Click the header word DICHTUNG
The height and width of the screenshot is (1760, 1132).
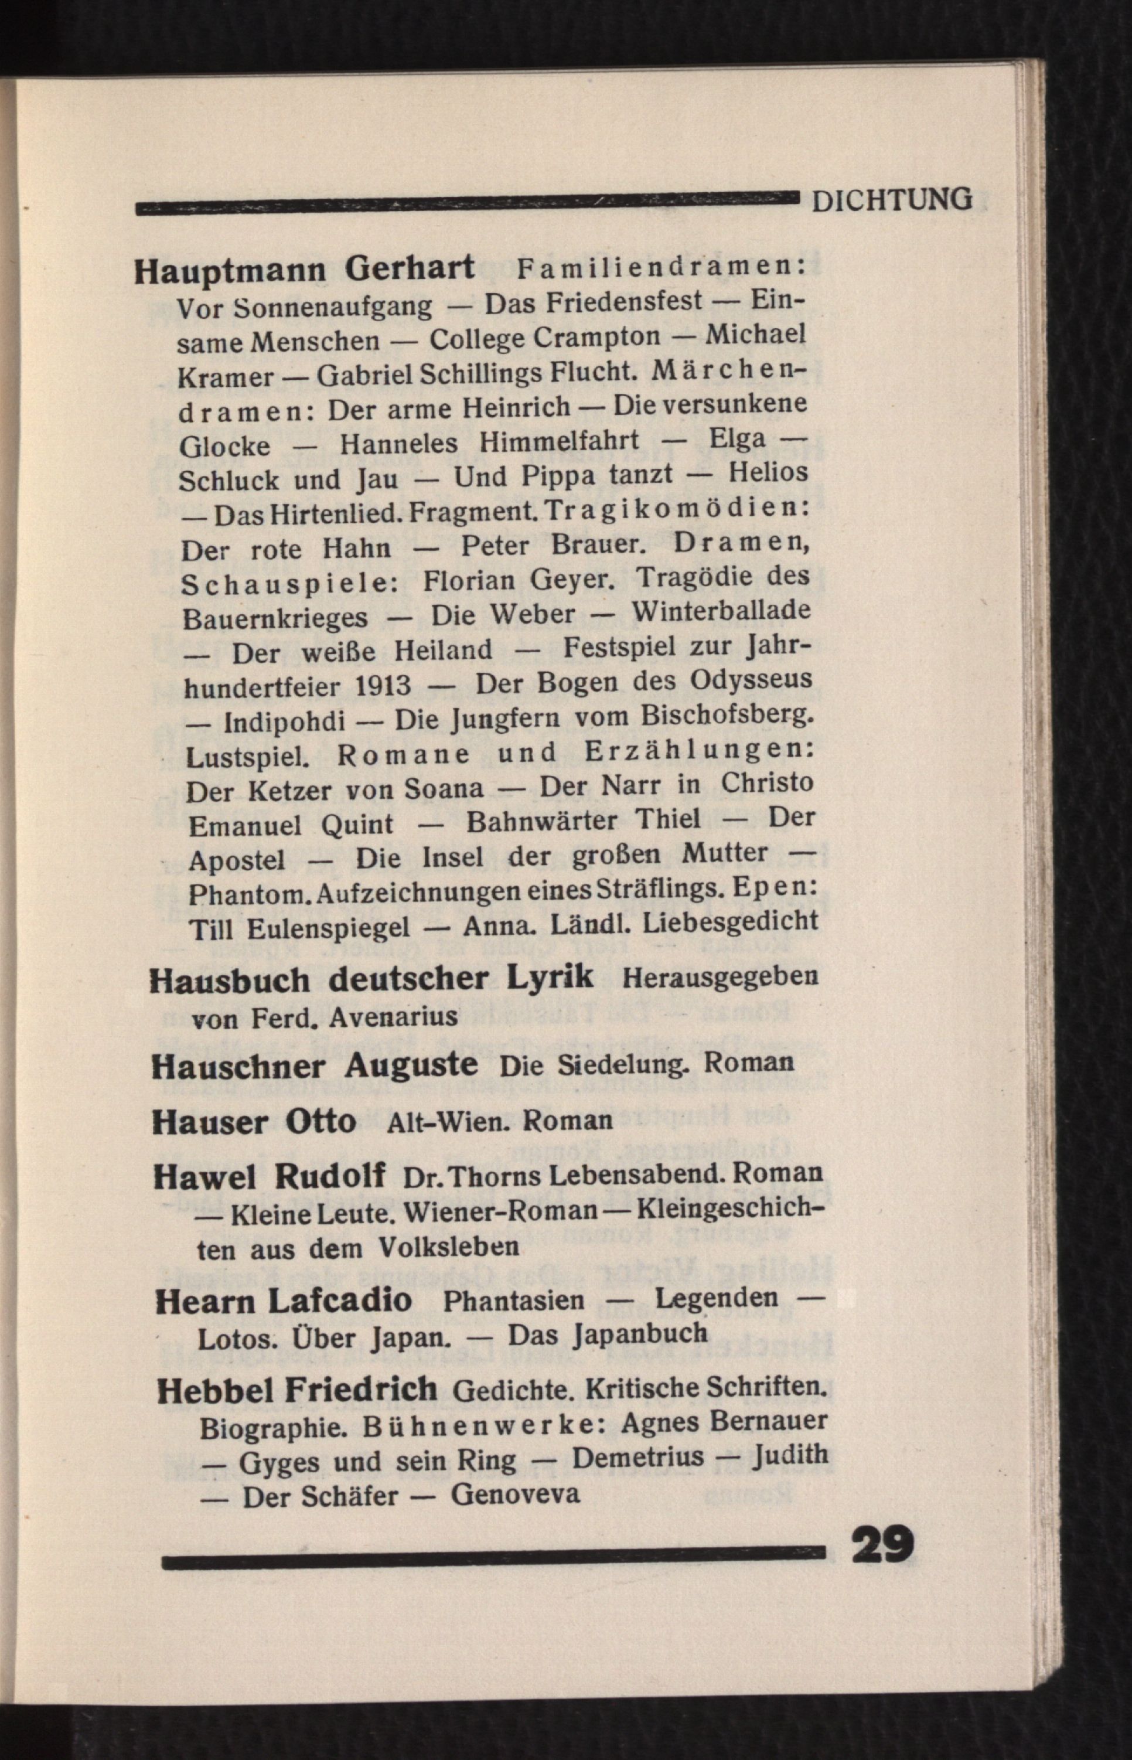[x=892, y=199]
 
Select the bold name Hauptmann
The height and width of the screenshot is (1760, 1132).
[x=230, y=270]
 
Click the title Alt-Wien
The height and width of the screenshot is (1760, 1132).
[x=448, y=1121]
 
